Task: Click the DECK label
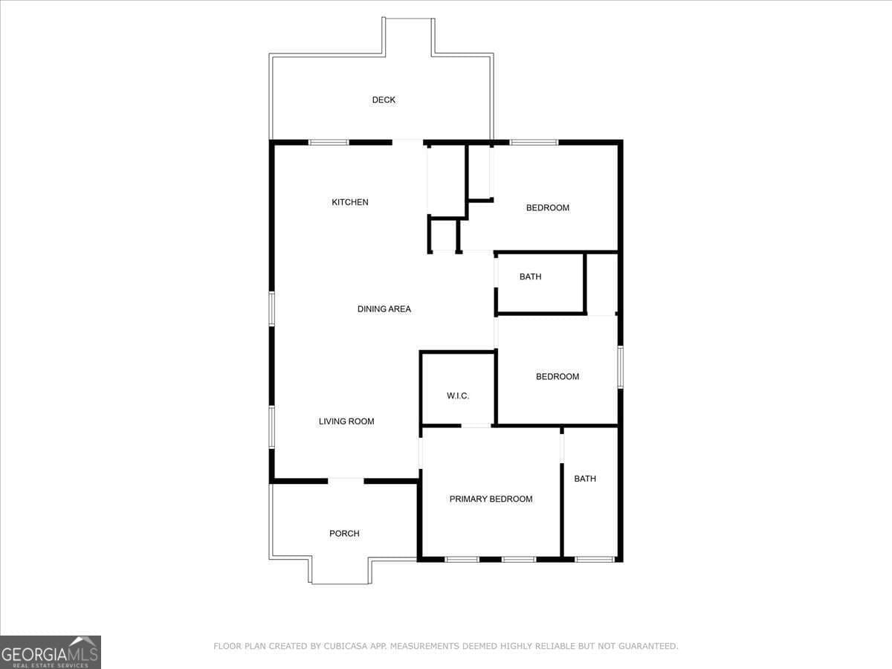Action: pos(384,100)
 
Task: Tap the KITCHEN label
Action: pos(350,202)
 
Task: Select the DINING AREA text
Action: pos(384,309)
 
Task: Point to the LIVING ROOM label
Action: pos(346,421)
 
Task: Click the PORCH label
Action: pos(344,533)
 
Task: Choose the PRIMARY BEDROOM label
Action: pos(491,499)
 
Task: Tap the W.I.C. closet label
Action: pos(458,395)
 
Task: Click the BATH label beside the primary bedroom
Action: pos(585,479)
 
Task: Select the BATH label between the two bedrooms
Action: pos(530,277)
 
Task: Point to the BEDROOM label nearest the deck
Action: pos(547,208)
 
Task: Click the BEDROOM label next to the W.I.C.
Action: pos(557,377)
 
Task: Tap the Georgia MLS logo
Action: pos(51,653)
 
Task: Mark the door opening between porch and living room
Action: pos(346,481)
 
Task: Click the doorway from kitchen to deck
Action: pos(407,143)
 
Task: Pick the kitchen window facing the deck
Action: pos(329,143)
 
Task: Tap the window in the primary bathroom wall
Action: pos(595,559)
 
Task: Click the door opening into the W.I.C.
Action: pos(476,426)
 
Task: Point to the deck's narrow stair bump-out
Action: pos(408,36)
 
